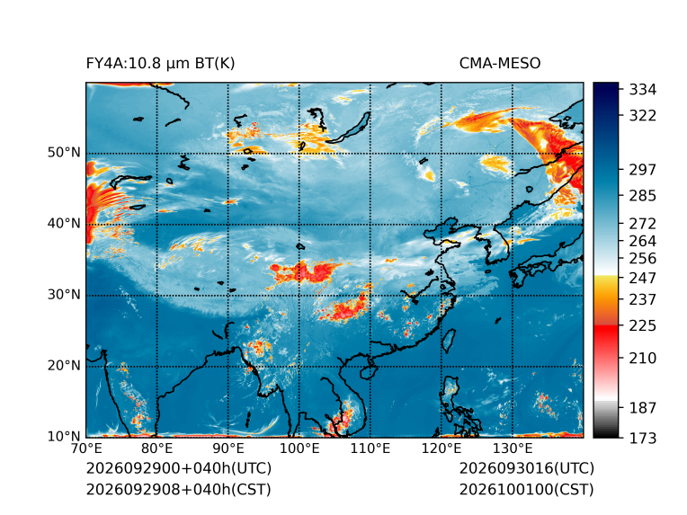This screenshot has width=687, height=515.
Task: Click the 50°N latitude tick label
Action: pos(64,153)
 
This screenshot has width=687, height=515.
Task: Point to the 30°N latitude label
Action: pos(64,295)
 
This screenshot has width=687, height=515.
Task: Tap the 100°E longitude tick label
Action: pos(299,448)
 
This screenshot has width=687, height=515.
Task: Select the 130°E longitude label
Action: pos(513,448)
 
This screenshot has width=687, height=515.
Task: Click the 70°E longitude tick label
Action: pos(86,448)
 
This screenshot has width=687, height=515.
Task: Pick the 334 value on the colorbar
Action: pos(643,90)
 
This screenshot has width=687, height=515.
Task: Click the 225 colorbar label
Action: pos(643,326)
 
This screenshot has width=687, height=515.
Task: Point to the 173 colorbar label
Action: pos(643,438)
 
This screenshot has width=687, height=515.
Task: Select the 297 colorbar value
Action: pos(643,170)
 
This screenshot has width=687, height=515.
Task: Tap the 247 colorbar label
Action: pos(643,278)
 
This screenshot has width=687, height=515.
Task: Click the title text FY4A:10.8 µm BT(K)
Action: pos(160,64)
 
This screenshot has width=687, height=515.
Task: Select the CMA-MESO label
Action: pos(500,64)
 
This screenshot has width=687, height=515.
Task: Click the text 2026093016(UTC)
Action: pos(527,468)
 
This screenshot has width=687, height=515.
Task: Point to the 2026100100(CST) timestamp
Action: pos(527,489)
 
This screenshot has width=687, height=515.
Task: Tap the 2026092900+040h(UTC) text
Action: pos(179,468)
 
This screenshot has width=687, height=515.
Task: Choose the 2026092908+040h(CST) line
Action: pos(179,489)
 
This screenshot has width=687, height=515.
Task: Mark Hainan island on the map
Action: pos(369,372)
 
